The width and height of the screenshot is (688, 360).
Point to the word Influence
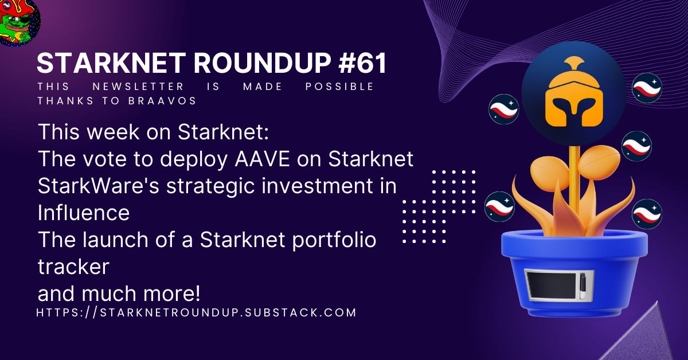(84, 213)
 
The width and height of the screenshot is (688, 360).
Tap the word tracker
(73, 266)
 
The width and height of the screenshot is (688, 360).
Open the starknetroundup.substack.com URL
(196, 312)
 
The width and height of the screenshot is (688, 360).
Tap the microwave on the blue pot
(558, 285)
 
